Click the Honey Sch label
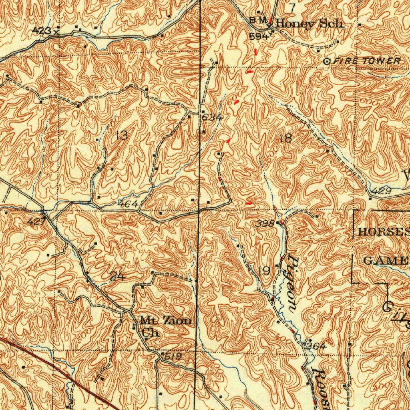309,24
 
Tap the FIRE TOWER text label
367,61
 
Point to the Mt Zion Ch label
165,326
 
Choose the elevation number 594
258,36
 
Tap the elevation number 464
128,204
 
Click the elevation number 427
36,221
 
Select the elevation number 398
265,223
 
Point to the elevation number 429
383,192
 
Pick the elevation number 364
316,346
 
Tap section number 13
121,135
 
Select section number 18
286,139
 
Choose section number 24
117,276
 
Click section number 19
264,271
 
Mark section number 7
292,7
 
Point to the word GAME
385,261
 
